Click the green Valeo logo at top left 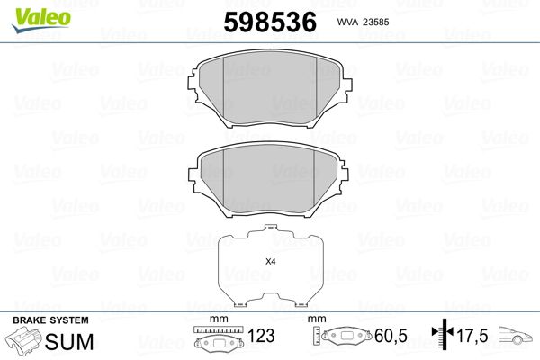[x=41, y=20]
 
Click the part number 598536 [x=270, y=22]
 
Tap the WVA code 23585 [x=376, y=22]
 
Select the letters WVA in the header [x=347, y=22]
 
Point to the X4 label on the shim [x=271, y=262]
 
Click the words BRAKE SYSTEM [x=50, y=320]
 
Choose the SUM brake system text [x=69, y=342]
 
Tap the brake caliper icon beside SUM [x=23, y=340]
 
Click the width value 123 [x=261, y=336]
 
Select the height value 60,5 [x=391, y=336]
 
